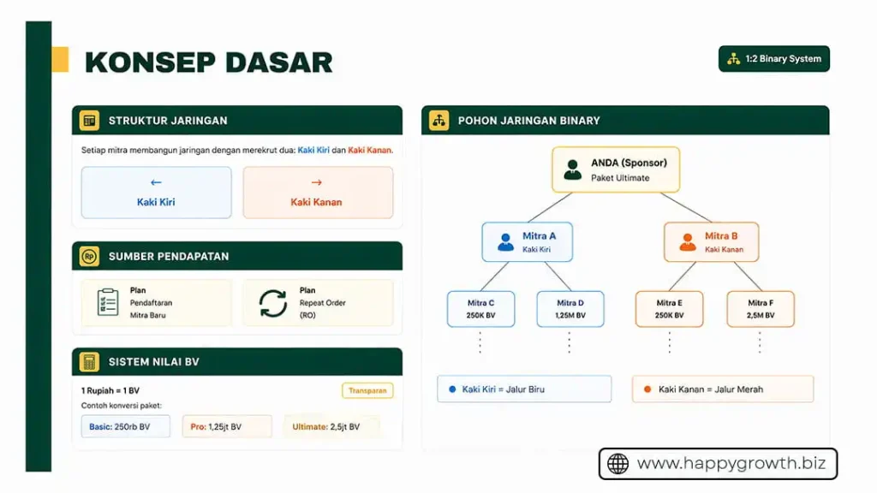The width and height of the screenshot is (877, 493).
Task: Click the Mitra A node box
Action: (x=527, y=242)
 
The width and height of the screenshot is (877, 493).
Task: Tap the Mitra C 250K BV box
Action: (x=480, y=309)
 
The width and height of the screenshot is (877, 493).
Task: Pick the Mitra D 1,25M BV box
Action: (x=570, y=309)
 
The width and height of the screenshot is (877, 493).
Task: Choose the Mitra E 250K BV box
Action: (x=669, y=309)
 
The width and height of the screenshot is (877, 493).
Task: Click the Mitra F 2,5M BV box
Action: (x=761, y=309)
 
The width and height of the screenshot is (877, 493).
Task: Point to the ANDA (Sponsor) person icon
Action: (x=573, y=169)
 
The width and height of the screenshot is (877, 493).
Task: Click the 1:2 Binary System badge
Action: (x=774, y=59)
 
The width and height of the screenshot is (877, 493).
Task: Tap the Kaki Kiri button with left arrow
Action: (x=156, y=193)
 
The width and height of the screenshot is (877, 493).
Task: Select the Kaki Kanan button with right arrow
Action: (x=318, y=193)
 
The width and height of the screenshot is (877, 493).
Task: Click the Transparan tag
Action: (x=367, y=390)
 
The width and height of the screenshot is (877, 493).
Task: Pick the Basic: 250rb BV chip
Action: (x=126, y=426)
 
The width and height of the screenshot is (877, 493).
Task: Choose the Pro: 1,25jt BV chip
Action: (x=226, y=426)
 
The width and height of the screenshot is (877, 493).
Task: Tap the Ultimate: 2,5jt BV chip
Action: (x=331, y=426)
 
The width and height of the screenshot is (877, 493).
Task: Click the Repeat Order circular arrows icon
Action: (x=273, y=303)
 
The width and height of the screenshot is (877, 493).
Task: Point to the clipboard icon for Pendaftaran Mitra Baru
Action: (x=108, y=302)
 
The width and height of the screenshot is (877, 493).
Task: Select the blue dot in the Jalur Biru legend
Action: (x=452, y=389)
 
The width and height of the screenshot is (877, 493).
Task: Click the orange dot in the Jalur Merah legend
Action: (x=647, y=389)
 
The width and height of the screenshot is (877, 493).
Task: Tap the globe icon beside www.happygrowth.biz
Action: (x=617, y=464)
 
